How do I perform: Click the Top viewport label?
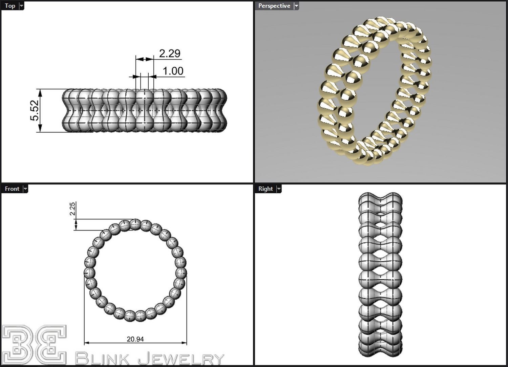pos(10,6)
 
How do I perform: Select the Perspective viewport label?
pos(274,6)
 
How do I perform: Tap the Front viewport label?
pos(12,189)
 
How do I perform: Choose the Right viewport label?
pos(265,189)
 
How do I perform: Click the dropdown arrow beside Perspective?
pos(296,6)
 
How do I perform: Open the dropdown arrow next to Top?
pos(21,6)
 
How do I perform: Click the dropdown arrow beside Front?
pos(25,189)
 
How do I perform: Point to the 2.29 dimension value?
pos(169,53)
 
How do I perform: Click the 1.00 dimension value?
pos(173,71)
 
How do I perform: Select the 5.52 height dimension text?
pos(35,110)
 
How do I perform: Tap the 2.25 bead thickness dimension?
pos(72,209)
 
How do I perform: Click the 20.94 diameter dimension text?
pos(135,339)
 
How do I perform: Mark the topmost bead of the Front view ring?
pos(135,224)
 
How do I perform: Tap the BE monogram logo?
pos(34,345)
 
